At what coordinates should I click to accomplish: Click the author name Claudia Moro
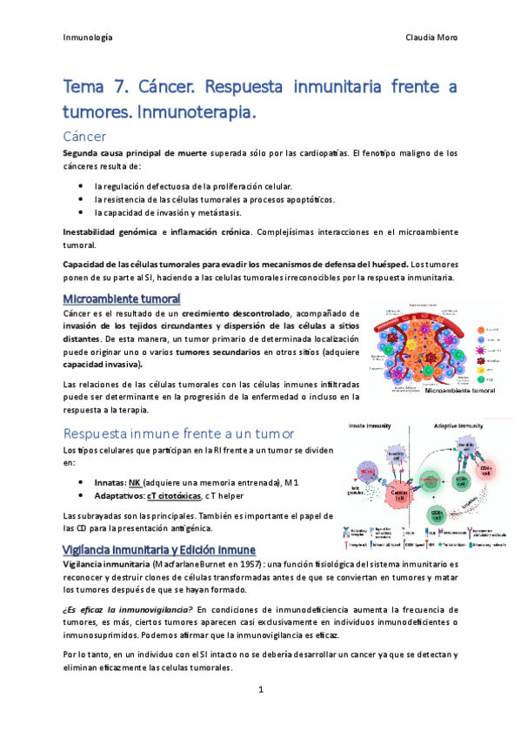[431, 37]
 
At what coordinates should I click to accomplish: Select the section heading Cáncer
[85, 136]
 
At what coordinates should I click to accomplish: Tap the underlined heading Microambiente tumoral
[122, 299]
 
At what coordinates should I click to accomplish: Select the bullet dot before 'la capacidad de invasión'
[80, 212]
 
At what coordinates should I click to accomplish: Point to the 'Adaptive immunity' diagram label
[453, 426]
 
